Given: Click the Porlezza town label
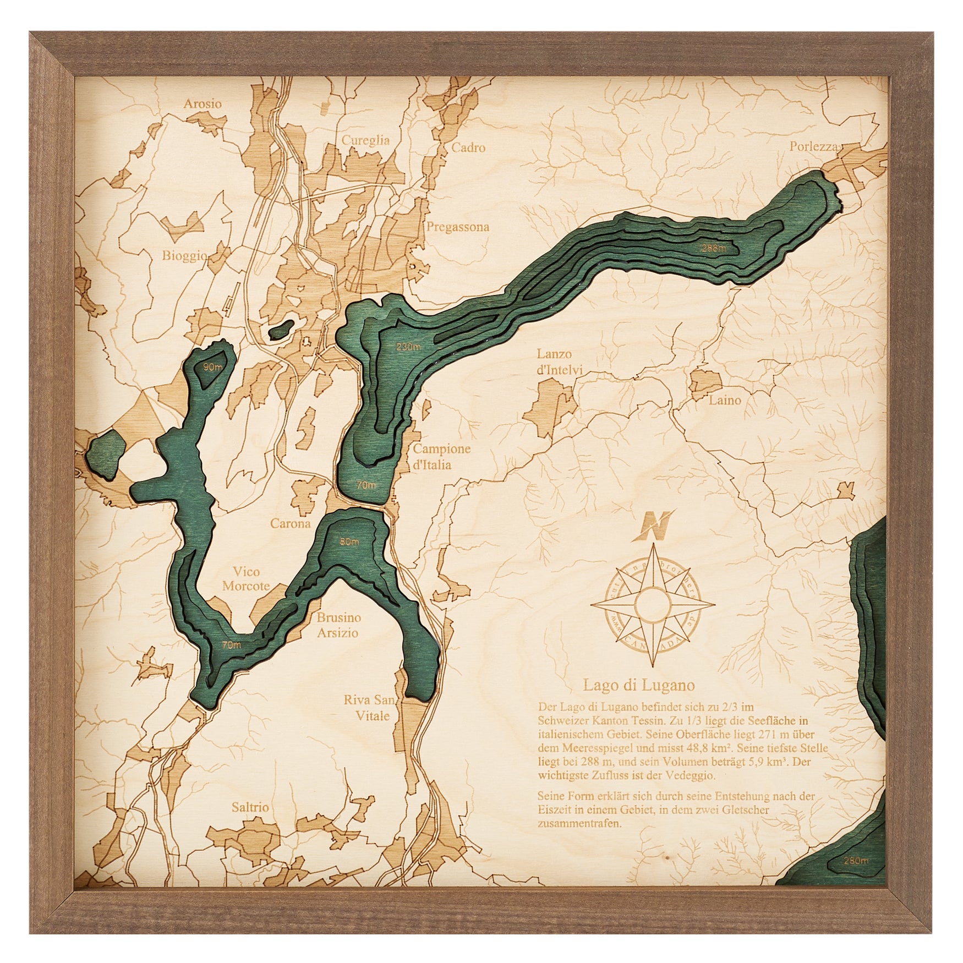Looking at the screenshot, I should pos(813,147).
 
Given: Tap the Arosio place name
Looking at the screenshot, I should pos(203,103).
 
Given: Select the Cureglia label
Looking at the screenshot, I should pos(365,140).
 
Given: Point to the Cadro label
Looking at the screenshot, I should pos(468,147).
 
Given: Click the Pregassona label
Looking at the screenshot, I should pos(457,227).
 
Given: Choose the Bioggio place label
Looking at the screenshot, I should pos(184,255).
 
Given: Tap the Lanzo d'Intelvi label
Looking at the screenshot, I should pos(554,362).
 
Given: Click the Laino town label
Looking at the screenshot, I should pos(725,400).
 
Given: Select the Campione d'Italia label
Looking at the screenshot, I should pos(441,456).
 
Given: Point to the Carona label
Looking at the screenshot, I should pos(290,523).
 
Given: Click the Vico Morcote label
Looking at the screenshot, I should pos(246,579).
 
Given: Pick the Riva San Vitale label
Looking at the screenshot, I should pos(369,708).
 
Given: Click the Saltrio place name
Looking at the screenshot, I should pos(250,807).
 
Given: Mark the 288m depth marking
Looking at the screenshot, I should pos(713,248).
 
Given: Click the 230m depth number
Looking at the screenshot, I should pos(408,347).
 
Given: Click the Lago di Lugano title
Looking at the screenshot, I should pos(638,685).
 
